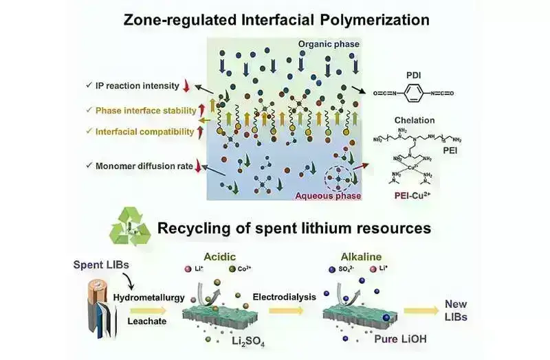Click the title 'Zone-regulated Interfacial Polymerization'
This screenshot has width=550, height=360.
(x=274, y=19)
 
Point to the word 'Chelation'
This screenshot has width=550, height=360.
(x=415, y=120)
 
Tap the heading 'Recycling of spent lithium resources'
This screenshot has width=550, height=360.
(x=294, y=228)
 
